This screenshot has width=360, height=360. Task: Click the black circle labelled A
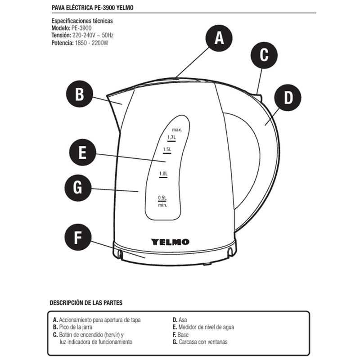tap(219, 38)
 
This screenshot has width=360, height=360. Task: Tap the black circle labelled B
tap(80, 94)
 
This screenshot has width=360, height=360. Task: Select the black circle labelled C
tap(264, 55)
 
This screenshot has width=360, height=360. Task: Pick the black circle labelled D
tap(288, 98)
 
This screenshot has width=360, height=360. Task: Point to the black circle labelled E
tap(82, 152)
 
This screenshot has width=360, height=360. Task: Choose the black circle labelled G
tap(78, 188)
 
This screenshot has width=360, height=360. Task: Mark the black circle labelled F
tap(78, 237)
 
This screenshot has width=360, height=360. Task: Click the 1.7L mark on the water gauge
tap(171, 138)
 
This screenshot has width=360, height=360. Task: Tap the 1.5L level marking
tap(167, 150)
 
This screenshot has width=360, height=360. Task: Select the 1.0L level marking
tap(163, 174)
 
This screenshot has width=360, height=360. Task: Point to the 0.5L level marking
tap(162, 198)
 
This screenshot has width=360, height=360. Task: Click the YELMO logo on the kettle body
tap(170, 242)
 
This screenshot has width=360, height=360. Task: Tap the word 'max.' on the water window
tap(177, 130)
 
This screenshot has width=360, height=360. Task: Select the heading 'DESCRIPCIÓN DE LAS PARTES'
tap(86, 302)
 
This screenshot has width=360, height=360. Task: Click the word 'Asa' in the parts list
tap(183, 320)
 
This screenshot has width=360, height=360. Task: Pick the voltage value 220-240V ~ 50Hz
tap(93, 36)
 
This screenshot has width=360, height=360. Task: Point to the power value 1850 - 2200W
tap(91, 43)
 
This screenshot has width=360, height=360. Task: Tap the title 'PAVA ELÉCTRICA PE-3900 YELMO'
tap(93, 8)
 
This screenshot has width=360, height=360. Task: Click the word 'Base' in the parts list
tap(183, 334)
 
